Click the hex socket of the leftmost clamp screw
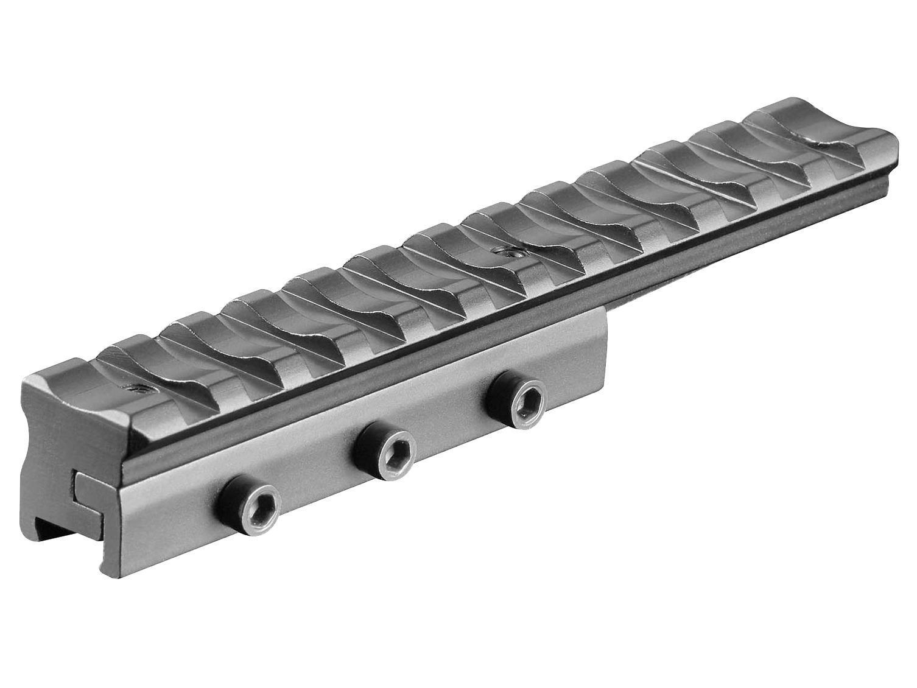pos(250,506)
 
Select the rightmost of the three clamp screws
pos(518,401)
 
